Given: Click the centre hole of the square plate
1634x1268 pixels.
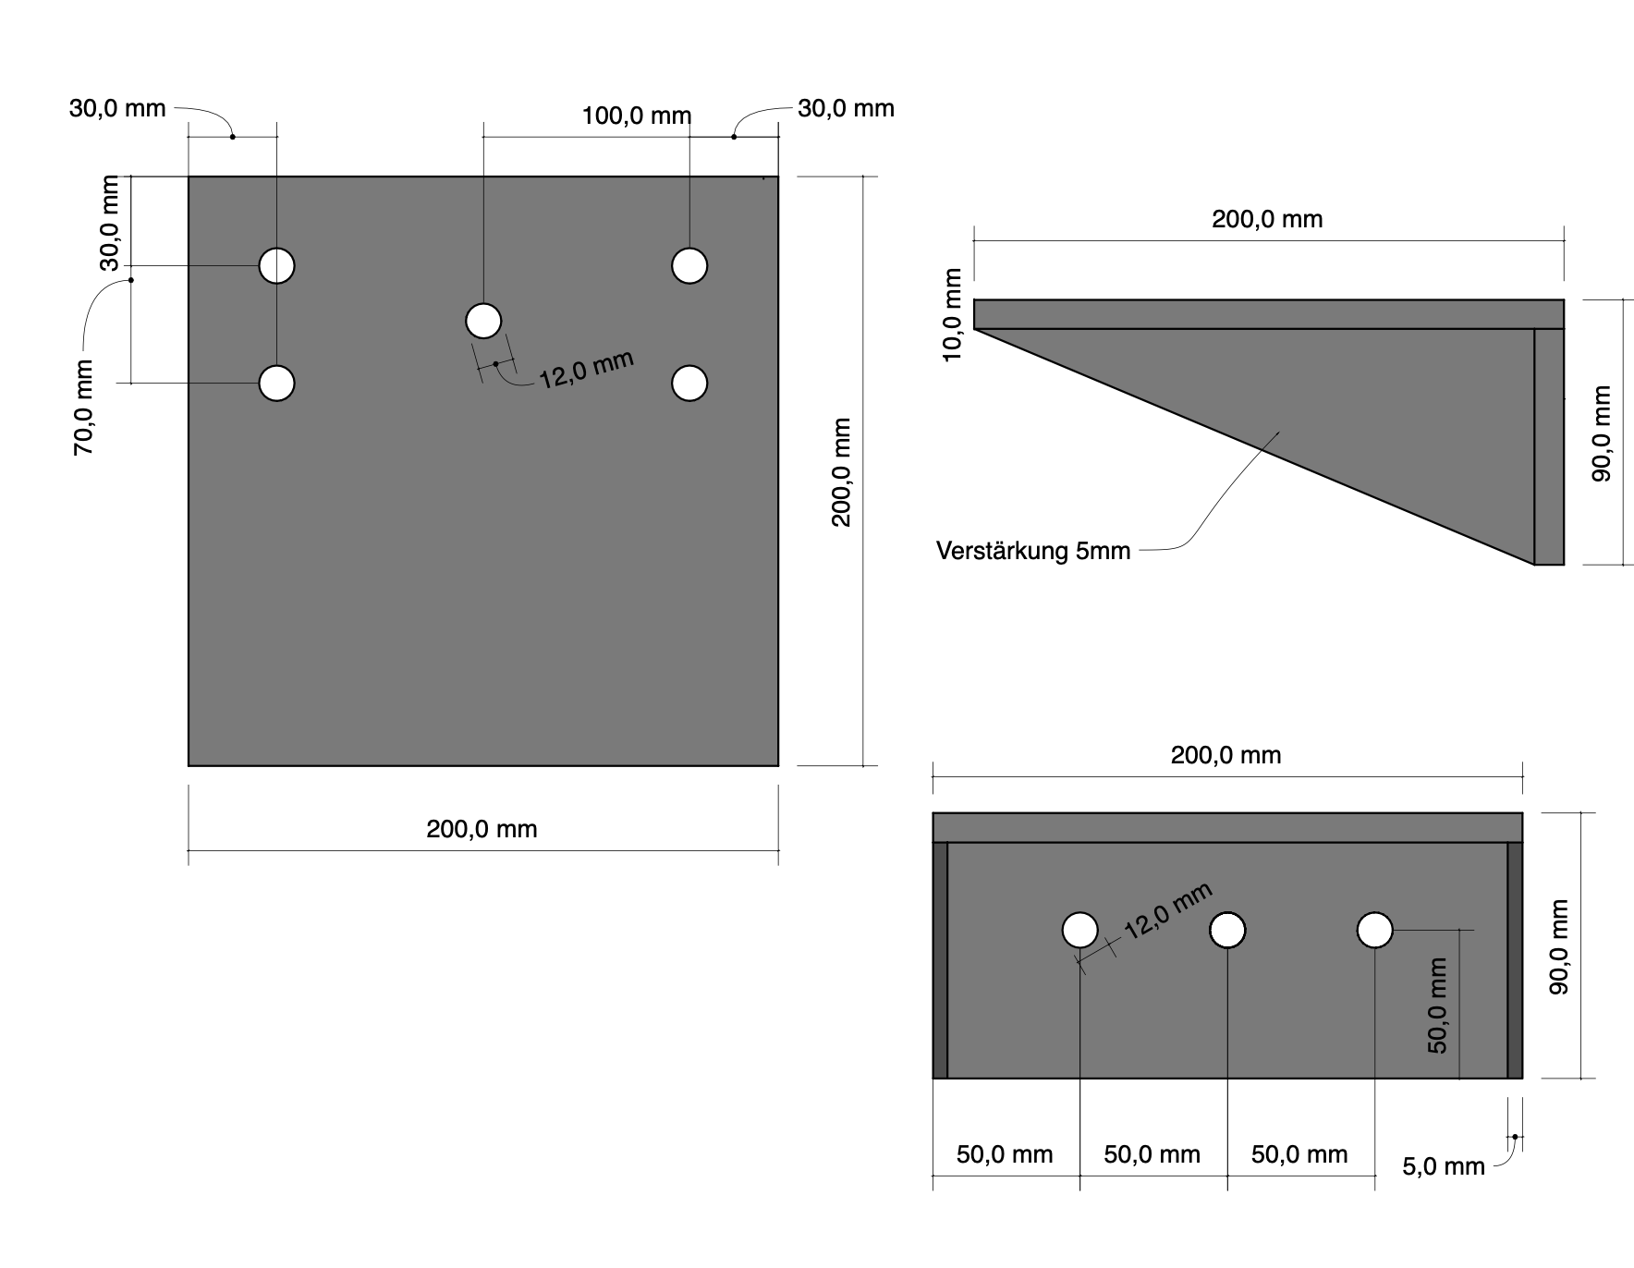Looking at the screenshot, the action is [x=483, y=322].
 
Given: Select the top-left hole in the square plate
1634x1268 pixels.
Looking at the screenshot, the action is [x=277, y=265].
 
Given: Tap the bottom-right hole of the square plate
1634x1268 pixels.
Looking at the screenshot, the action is [x=689, y=383].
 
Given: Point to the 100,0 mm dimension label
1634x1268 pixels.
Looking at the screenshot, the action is [x=637, y=116].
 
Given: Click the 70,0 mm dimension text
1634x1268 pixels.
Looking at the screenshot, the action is [x=84, y=407].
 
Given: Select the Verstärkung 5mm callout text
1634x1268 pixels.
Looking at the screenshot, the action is [x=1033, y=552].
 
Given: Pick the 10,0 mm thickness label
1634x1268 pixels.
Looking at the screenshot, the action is [x=954, y=314].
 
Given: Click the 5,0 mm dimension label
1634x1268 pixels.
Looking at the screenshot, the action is [x=1444, y=1167].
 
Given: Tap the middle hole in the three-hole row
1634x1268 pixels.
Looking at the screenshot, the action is [x=1227, y=931].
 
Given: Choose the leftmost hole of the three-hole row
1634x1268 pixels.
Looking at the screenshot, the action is [x=1080, y=931].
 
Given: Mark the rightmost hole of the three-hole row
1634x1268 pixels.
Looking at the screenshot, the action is [x=1375, y=931].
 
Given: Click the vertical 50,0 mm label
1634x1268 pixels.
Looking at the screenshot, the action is [x=1438, y=1006].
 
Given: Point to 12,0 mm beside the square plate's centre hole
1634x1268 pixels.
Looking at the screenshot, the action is [x=586, y=370].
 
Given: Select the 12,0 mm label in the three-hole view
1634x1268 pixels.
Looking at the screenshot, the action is [x=1167, y=911].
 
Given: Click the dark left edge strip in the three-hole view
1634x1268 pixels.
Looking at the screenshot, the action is [x=940, y=960].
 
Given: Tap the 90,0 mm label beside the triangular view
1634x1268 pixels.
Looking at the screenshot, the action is [x=1602, y=433].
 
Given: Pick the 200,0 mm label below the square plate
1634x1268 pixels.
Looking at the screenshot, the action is [x=482, y=829].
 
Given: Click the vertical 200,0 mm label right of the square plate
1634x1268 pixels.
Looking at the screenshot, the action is [x=841, y=472].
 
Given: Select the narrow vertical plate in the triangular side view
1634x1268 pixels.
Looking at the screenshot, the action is [x=1549, y=446].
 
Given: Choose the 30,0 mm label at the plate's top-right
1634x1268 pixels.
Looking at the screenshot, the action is [x=847, y=109].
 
